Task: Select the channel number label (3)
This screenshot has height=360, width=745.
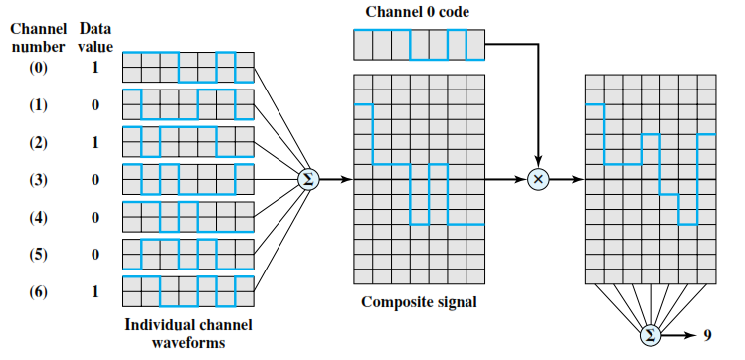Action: pos(38,179)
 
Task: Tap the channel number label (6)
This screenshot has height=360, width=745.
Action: pos(38,290)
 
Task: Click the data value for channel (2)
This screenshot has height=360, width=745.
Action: pos(94,141)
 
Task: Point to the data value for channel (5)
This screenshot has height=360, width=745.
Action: pos(94,254)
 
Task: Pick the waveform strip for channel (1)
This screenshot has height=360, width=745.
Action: pos(189,104)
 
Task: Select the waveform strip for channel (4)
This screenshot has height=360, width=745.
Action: pos(189,216)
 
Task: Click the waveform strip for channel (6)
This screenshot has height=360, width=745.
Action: pos(189,290)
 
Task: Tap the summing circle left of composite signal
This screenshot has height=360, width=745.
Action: pos(308,179)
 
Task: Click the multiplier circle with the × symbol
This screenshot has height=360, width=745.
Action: pos(538,179)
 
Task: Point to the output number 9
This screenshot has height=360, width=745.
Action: pos(707,336)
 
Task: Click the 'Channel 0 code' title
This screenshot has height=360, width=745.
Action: pos(418,13)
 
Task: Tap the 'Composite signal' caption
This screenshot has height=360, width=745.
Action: pos(418,302)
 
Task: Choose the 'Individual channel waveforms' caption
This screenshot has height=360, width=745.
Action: pos(188,332)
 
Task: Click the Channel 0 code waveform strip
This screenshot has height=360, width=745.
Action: pos(418,46)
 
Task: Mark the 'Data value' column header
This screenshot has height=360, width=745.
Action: pos(95,37)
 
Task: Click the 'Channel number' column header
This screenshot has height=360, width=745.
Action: pos(40,37)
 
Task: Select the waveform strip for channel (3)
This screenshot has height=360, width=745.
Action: pos(189,179)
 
